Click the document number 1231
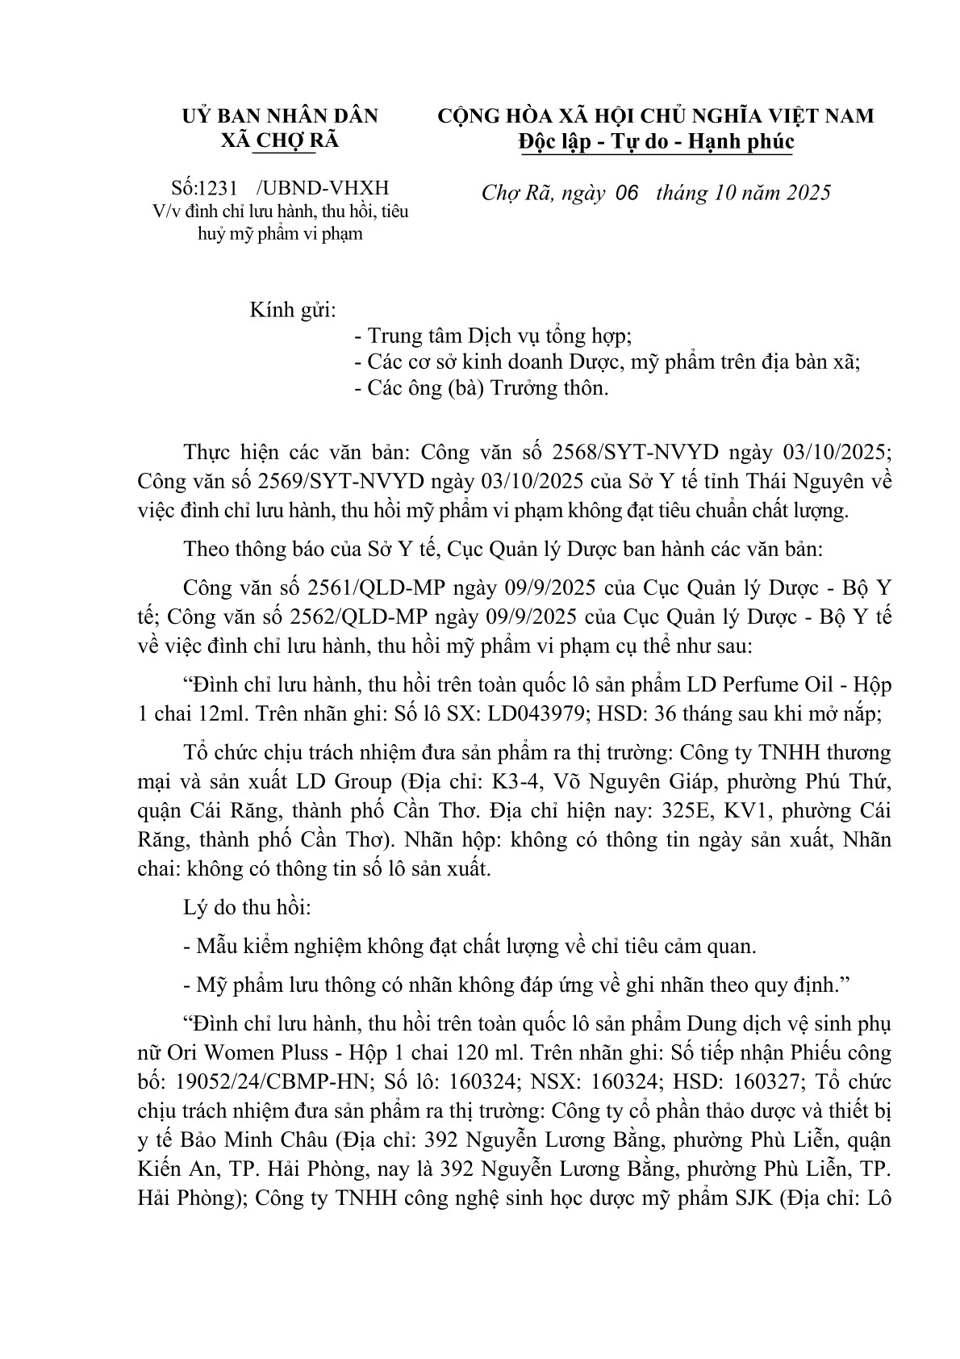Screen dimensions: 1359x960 pos(218,189)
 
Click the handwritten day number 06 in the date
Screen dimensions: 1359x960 pos(626,194)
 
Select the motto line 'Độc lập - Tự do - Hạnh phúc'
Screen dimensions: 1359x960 pos(655,142)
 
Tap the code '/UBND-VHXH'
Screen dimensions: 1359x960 pos(322,189)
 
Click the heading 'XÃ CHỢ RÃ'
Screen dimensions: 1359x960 pos(280,140)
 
